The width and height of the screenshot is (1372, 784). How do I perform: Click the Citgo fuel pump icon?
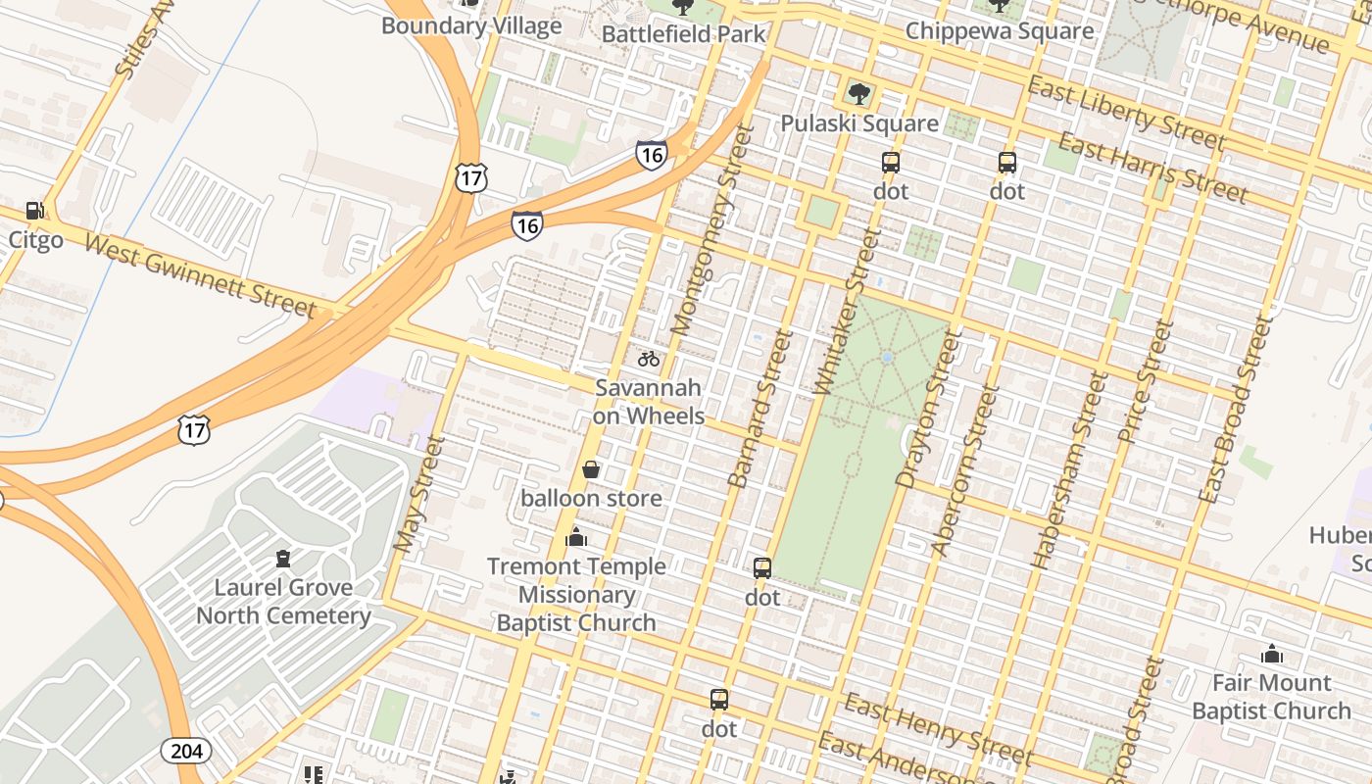point(34,211)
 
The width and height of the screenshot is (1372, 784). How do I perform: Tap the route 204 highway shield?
point(185,751)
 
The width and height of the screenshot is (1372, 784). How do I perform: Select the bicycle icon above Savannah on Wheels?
point(649,359)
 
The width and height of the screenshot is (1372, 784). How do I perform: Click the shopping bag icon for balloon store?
point(591,470)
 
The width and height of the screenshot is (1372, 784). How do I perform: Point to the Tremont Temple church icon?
point(576,538)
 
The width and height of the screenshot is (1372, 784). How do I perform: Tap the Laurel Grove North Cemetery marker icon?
point(283,560)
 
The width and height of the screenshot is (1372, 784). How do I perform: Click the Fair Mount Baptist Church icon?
point(1272,654)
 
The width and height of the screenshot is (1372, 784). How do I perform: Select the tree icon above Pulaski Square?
point(859,94)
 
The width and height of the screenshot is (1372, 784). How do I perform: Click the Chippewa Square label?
point(999,30)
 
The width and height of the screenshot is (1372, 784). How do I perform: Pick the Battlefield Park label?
point(683,33)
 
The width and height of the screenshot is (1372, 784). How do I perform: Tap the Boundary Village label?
point(471,25)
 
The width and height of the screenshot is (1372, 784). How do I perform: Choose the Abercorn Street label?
point(964,470)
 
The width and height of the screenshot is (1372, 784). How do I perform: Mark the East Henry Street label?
point(938,730)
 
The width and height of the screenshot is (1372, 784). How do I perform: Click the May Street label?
point(418,494)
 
